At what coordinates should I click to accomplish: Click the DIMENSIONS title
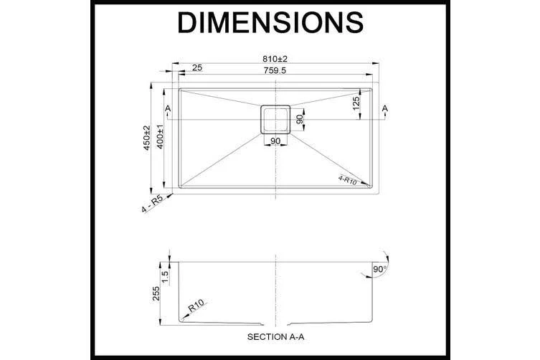(x=270, y=22)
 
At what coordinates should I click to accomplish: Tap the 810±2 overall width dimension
(x=275, y=59)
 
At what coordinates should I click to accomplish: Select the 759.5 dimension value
(x=275, y=70)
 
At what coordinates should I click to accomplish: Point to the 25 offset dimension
(x=197, y=67)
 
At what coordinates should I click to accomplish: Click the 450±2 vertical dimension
(x=147, y=138)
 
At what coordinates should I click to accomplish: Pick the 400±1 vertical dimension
(x=160, y=137)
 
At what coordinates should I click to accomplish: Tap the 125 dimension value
(x=356, y=103)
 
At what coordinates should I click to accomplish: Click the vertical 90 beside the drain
(x=300, y=119)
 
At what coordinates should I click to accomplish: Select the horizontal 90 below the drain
(x=275, y=141)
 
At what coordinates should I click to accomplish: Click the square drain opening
(x=275, y=120)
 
